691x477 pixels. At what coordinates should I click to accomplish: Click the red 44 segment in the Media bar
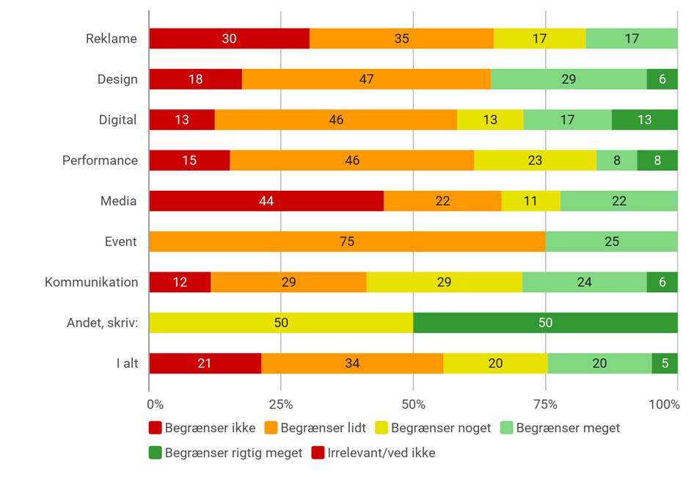click(266, 201)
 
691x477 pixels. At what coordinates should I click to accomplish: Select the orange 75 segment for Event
click(347, 241)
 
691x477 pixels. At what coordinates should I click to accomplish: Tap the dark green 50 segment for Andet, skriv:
click(546, 323)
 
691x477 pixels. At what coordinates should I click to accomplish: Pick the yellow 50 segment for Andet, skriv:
click(281, 323)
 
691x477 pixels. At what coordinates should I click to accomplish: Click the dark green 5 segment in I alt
click(665, 363)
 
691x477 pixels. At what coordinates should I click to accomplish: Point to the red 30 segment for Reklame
click(229, 38)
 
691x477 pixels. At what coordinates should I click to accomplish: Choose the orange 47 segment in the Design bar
click(366, 79)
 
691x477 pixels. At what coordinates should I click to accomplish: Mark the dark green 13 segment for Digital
click(645, 120)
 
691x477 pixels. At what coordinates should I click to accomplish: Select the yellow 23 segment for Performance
click(535, 160)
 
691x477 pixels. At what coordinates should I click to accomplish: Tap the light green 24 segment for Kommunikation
click(585, 282)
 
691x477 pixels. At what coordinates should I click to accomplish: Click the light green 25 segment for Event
click(612, 241)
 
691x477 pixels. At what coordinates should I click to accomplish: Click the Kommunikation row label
click(91, 282)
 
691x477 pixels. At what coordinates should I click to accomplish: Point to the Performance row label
click(100, 160)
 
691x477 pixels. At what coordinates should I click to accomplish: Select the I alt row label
click(127, 363)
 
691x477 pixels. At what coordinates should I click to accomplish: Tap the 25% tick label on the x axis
click(281, 404)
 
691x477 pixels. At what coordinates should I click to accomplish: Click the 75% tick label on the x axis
click(546, 404)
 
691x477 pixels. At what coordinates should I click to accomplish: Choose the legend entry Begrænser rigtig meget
click(226, 453)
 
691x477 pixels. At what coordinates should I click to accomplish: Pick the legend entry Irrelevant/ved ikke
click(373, 453)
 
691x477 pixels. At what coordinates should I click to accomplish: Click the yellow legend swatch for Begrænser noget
click(381, 428)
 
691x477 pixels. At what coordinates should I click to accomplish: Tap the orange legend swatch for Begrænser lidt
click(271, 428)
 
